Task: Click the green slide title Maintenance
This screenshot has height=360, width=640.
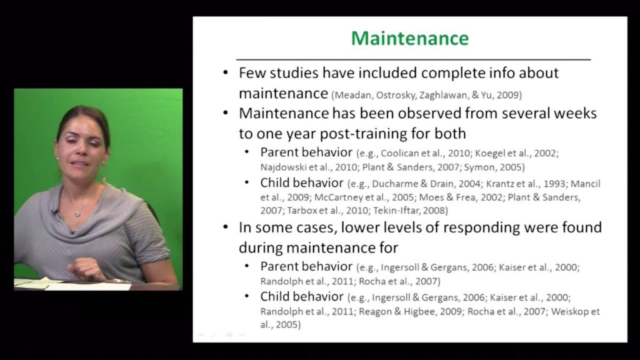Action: point(409,38)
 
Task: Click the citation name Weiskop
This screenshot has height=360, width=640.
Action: point(569,311)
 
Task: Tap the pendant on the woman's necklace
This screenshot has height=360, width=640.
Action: point(77,213)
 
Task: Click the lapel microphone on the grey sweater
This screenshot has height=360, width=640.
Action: point(54,213)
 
